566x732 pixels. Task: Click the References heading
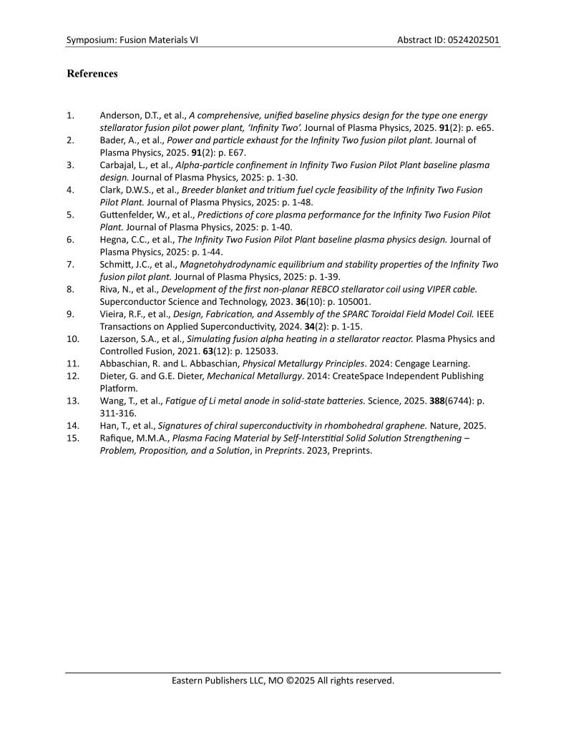pos(92,74)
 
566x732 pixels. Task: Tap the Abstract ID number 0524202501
pos(469,40)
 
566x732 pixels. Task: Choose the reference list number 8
pos(70,289)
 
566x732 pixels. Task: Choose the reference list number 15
pos(72,438)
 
